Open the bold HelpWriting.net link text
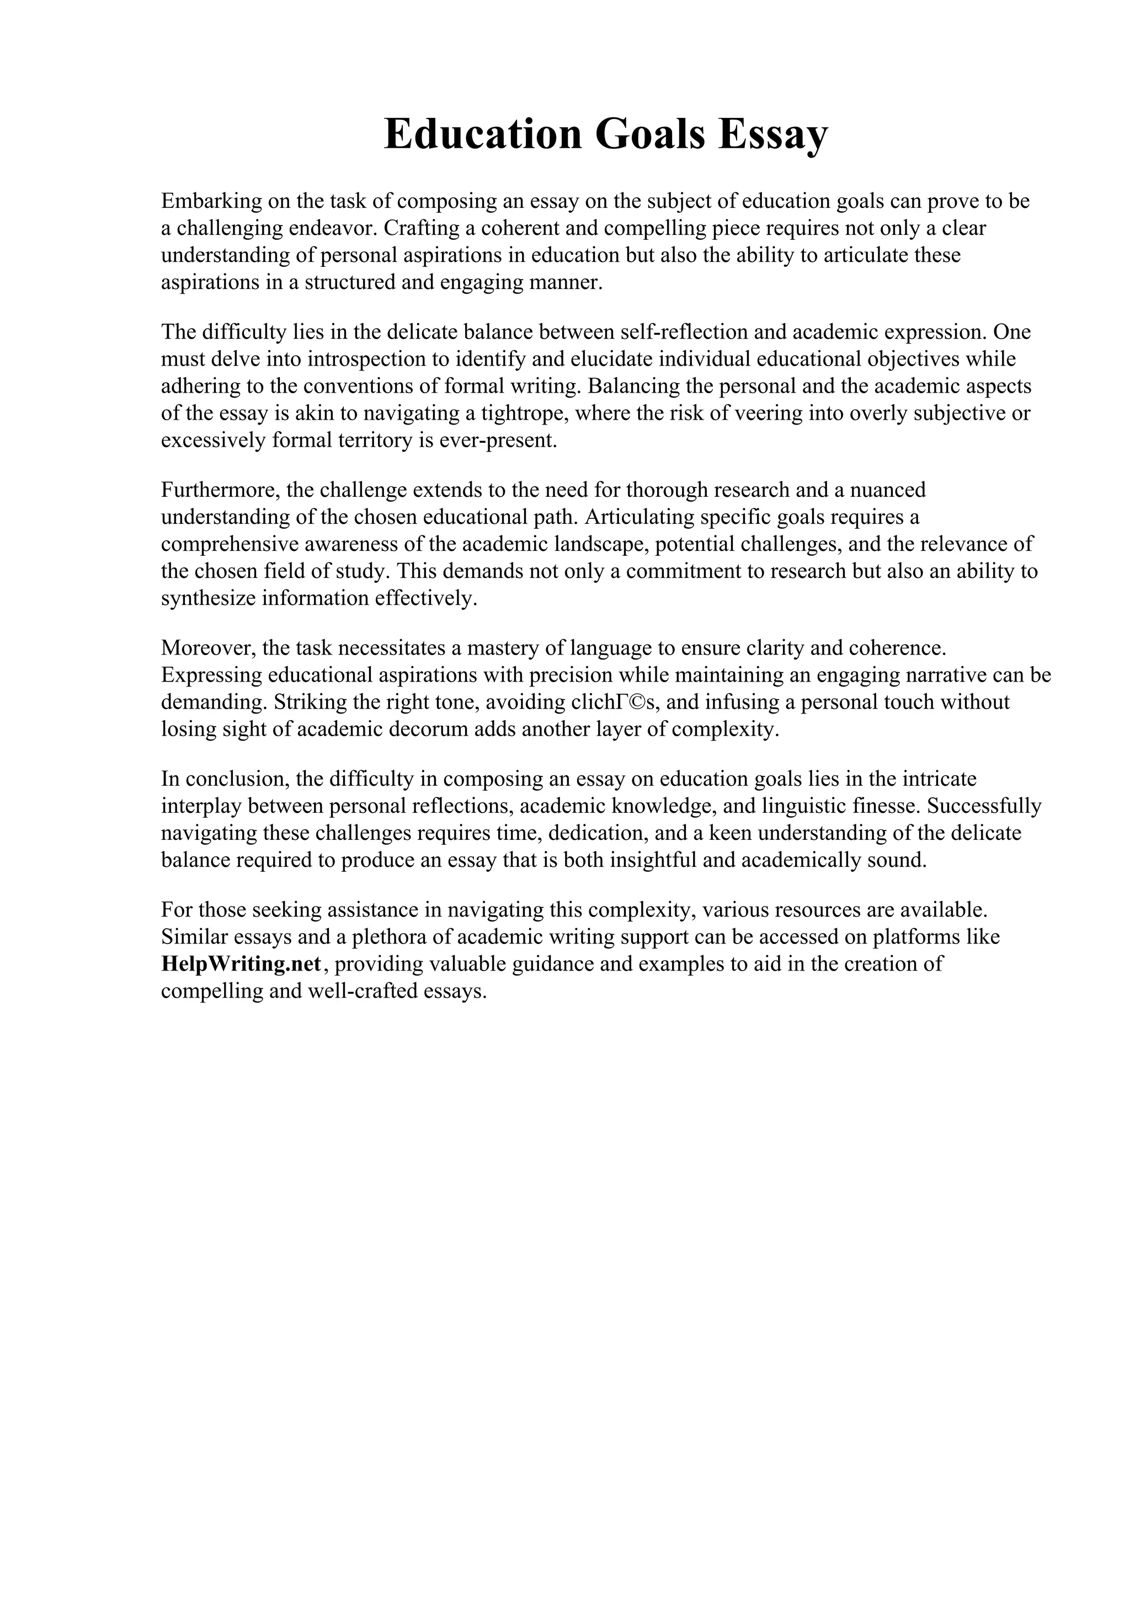tap(241, 964)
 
